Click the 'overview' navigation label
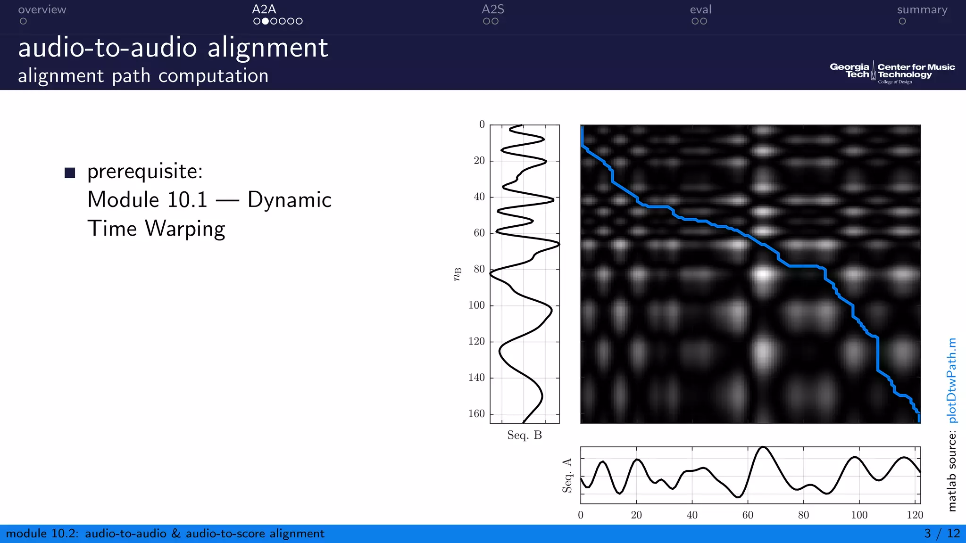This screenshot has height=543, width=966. (x=42, y=10)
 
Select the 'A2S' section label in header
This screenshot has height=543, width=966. (x=493, y=9)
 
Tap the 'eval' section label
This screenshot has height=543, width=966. (x=700, y=10)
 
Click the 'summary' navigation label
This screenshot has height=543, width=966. (x=922, y=10)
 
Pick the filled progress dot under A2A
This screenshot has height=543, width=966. (x=266, y=21)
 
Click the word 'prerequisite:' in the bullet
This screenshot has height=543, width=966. (x=145, y=172)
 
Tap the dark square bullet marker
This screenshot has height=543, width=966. (x=70, y=173)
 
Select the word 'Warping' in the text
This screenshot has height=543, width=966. (x=185, y=229)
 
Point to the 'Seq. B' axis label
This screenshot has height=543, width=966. (x=524, y=435)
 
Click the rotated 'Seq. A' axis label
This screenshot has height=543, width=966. (x=567, y=475)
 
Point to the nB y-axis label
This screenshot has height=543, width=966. (x=457, y=274)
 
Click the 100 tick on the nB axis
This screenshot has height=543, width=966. (x=476, y=305)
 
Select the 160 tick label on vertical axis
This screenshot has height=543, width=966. (x=476, y=414)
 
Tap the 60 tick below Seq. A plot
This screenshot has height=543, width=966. (x=748, y=515)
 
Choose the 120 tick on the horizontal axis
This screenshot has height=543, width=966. (x=915, y=515)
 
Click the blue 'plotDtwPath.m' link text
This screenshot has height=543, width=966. (x=952, y=380)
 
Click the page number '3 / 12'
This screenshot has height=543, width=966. (x=941, y=534)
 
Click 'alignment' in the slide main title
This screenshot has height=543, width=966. (x=267, y=49)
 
